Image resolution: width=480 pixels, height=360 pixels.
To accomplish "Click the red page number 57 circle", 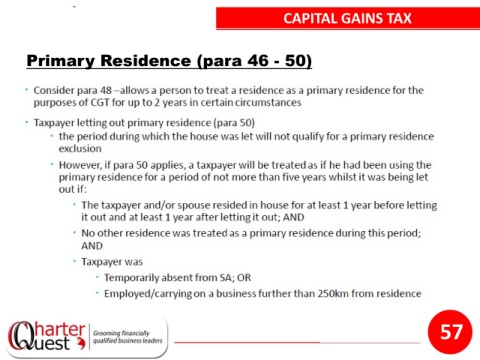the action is pyautogui.click(x=450, y=332).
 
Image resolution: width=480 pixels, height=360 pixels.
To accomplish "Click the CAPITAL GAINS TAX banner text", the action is pyautogui.click(x=348, y=18).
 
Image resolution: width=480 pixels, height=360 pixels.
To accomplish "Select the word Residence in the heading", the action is pyautogui.click(x=146, y=61).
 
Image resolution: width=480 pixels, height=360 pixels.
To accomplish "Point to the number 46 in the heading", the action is pyautogui.click(x=258, y=61).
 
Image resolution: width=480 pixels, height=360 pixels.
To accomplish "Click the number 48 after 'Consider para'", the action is pyautogui.click(x=106, y=90).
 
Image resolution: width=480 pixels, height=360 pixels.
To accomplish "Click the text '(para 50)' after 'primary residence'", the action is pyautogui.click(x=234, y=123).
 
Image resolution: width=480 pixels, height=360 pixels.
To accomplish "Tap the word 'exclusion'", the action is pyautogui.click(x=80, y=149).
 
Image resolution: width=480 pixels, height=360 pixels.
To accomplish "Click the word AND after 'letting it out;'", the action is pyautogui.click(x=293, y=217).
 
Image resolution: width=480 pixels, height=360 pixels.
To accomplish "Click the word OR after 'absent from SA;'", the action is pyautogui.click(x=244, y=278).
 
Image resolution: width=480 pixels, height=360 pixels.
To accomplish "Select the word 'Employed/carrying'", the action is pyautogui.click(x=148, y=294).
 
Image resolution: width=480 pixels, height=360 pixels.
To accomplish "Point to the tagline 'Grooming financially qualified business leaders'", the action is pyautogui.click(x=128, y=337).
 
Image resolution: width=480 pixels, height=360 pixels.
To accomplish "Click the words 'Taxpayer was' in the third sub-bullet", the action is pyautogui.click(x=112, y=262).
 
